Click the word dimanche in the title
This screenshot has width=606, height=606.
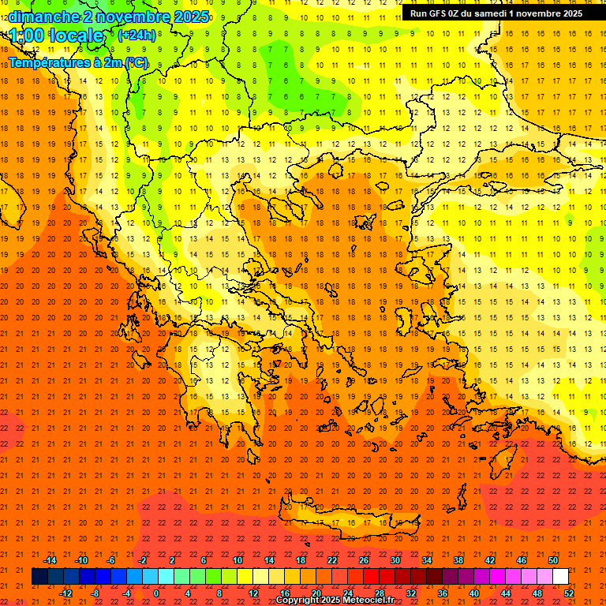point(43,17)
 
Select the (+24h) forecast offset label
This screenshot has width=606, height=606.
point(137,35)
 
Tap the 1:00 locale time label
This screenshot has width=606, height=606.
point(56,36)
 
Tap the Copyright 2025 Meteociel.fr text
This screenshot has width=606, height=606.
point(335,600)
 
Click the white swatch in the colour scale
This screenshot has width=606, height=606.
point(561,577)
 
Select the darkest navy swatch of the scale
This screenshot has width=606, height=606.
point(39,577)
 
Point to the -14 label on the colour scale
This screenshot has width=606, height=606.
point(50,560)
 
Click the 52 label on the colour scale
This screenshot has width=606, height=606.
point(569,593)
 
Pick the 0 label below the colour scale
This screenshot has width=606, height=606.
point(155,593)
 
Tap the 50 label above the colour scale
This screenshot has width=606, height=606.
point(552,560)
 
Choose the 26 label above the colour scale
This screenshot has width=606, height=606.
point(364,560)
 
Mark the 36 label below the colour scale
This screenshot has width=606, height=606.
point(443,593)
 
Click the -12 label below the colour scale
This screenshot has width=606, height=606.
point(65,593)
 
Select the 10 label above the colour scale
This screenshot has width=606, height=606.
point(237,560)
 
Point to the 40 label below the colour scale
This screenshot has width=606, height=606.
point(474,593)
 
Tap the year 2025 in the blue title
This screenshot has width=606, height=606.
point(185,17)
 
